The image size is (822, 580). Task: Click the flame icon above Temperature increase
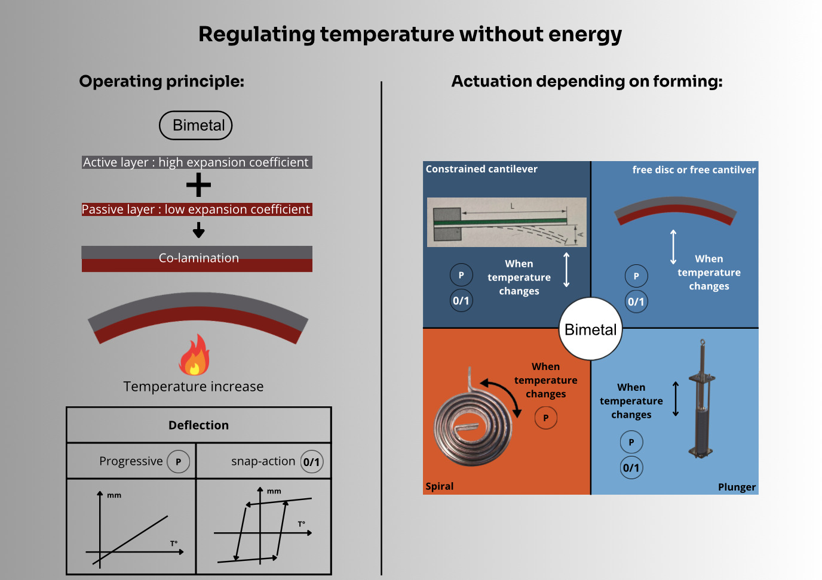194,355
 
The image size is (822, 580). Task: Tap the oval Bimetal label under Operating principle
196,125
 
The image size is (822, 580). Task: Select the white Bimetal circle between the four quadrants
590,329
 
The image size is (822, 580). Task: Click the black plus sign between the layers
198,185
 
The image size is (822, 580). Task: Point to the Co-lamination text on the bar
198,258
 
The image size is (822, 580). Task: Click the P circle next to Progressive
178,461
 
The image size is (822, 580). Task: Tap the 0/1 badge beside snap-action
311,461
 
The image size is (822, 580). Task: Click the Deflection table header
198,425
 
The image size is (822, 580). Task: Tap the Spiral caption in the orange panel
440,486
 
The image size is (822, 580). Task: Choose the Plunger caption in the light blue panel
737,487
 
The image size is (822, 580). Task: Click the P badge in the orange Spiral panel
545,418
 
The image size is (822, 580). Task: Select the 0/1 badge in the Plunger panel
631,468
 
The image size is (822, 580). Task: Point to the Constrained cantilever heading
481,169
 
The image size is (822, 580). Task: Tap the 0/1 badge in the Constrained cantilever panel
461,300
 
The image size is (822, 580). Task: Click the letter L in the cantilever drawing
512,206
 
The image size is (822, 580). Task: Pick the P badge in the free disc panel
636,276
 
